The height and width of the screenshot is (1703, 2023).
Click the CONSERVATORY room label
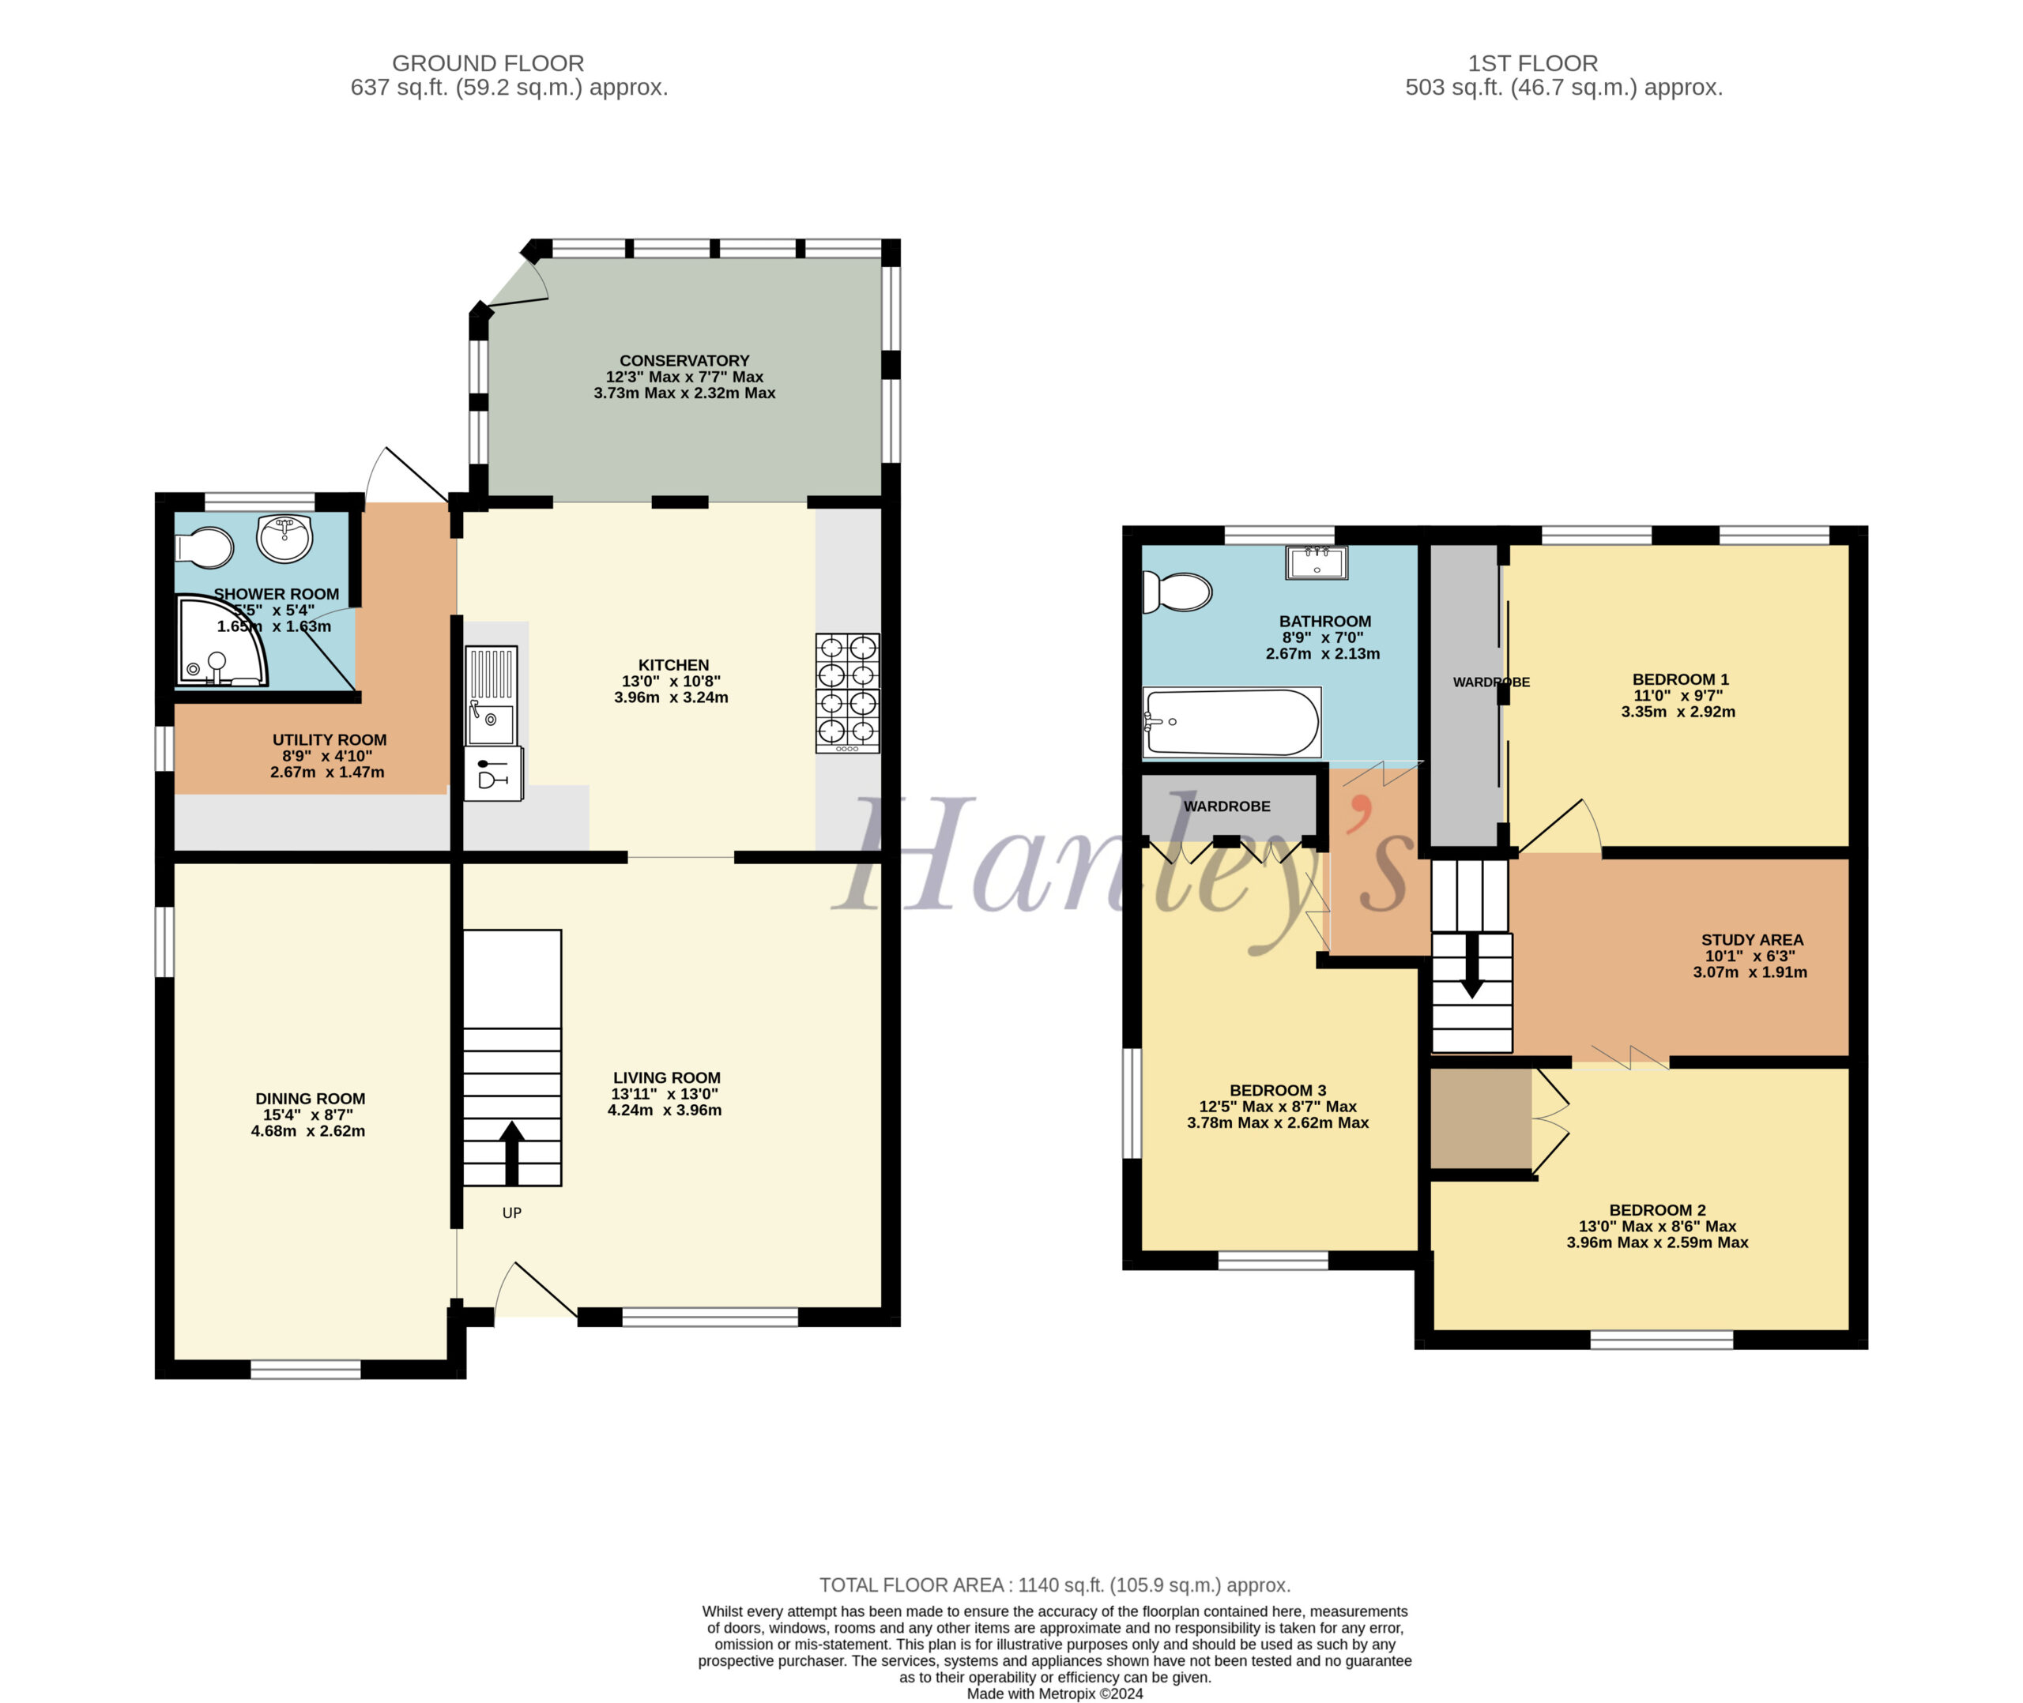[684, 360]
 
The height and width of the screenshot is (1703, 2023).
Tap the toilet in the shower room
[205, 547]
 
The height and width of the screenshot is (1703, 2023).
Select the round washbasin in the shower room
[284, 538]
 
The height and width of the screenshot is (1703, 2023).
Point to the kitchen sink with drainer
[492, 695]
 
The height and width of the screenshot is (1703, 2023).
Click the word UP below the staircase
[512, 1212]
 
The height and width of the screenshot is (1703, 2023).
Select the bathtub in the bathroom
[1231, 722]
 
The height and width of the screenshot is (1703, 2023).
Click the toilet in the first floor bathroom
[1176, 592]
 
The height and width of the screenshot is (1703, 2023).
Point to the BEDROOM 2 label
[1657, 1209]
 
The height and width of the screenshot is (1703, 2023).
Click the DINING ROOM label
[310, 1098]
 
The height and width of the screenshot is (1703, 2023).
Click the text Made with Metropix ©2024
[1054, 1694]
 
